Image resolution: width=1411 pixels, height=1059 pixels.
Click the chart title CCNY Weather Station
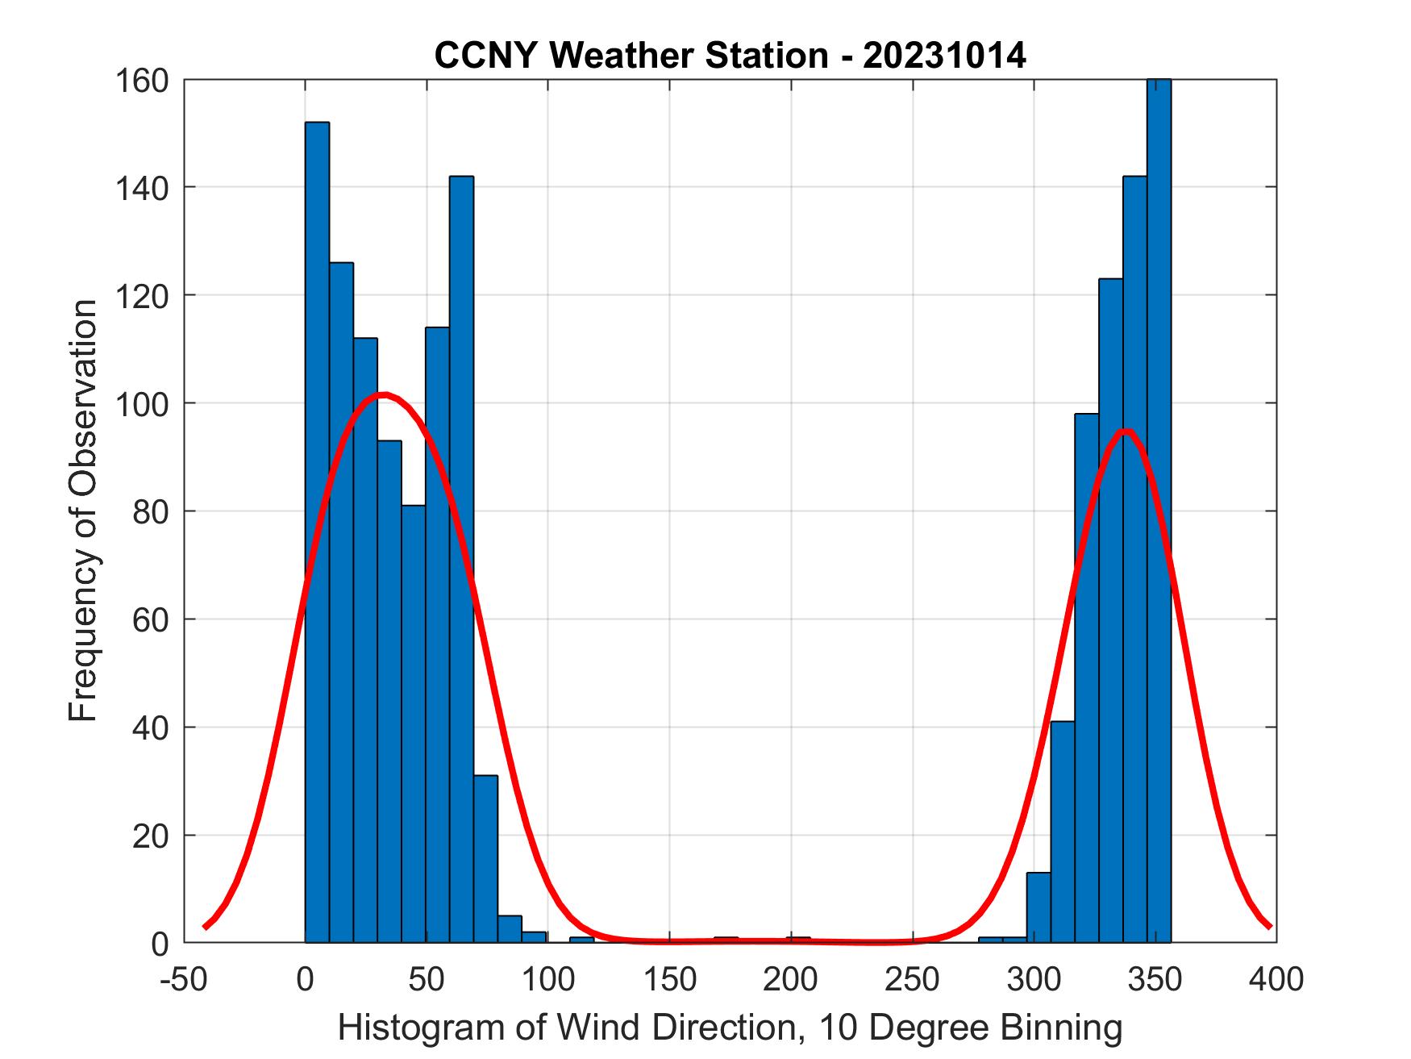[x=730, y=56]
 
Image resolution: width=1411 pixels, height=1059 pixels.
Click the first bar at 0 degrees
[x=317, y=532]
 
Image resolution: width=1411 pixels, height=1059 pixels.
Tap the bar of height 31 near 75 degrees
[x=485, y=859]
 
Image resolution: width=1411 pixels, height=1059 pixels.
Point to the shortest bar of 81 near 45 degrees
[x=413, y=726]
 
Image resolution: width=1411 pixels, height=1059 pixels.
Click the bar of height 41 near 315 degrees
[x=1062, y=831]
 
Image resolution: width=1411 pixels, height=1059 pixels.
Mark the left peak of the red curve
[x=385, y=394]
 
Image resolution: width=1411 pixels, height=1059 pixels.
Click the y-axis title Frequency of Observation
[x=83, y=512]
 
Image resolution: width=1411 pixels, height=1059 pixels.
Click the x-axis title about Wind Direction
[x=730, y=1027]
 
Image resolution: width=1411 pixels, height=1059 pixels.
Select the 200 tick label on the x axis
[x=791, y=979]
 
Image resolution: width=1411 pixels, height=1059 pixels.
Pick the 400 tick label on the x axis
[x=1276, y=979]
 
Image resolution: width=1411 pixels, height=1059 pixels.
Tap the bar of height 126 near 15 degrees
[x=341, y=605]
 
